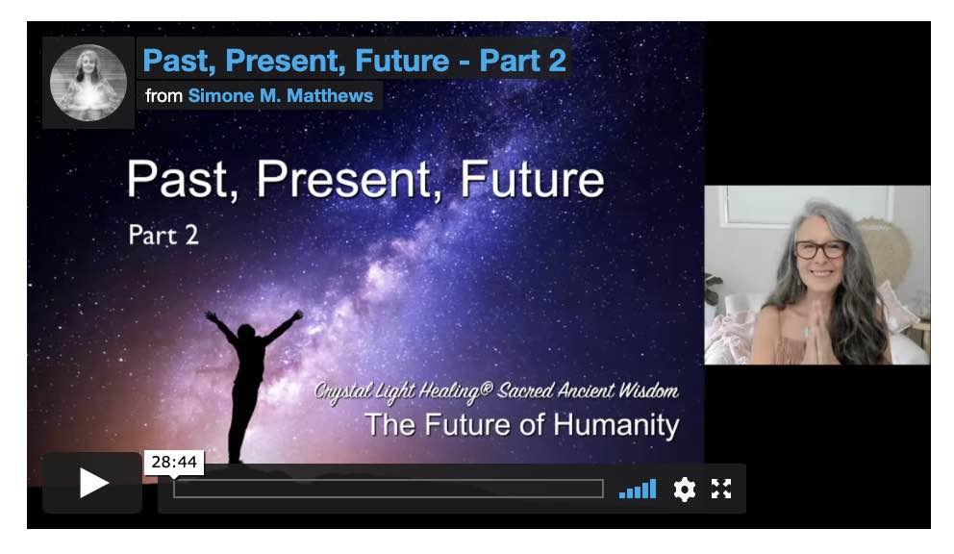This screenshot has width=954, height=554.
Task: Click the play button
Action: click(92, 483)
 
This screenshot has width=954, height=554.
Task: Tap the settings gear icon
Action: click(685, 489)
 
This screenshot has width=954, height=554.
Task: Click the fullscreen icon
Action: click(721, 489)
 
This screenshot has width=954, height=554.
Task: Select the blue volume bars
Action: click(638, 489)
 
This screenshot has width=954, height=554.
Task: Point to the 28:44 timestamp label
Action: click(174, 462)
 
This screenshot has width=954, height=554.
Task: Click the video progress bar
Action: click(389, 489)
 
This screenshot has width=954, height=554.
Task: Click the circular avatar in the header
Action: click(88, 83)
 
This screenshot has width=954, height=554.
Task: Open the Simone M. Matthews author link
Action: click(281, 95)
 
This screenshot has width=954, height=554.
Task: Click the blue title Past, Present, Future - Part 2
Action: click(354, 61)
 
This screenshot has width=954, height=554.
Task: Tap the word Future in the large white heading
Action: click(532, 179)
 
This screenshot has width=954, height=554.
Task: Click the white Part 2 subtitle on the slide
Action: click(163, 235)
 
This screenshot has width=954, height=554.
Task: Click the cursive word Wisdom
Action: click(648, 390)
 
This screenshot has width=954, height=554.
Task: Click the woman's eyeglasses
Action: click(820, 249)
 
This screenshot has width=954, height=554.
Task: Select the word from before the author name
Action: click(163, 95)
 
